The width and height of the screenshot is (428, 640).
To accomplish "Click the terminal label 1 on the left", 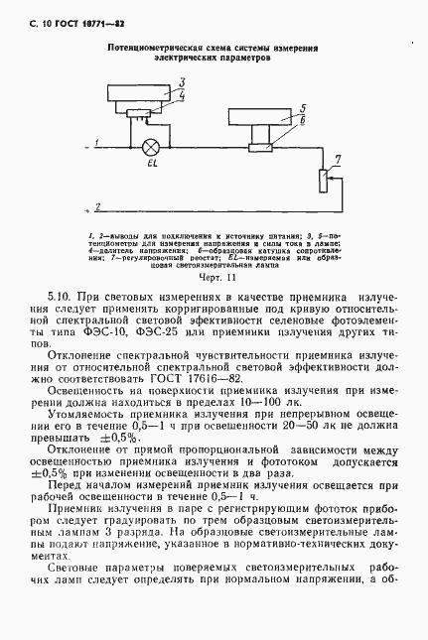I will (95, 140).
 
